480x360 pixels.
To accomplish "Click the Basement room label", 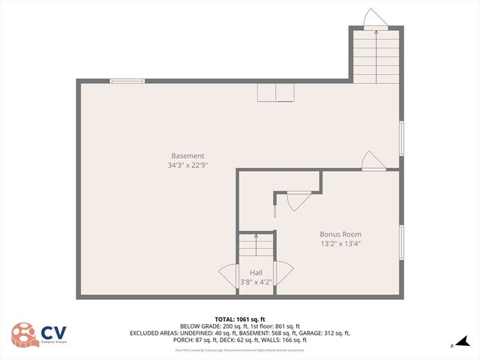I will coord(187,156).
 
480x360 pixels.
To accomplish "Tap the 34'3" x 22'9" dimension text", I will coord(187,165).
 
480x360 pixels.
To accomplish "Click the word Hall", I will coord(256,272).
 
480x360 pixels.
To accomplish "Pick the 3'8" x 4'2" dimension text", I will coord(256,282).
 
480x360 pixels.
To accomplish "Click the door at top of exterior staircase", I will coord(373,18).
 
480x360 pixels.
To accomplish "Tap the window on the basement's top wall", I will coord(127,81).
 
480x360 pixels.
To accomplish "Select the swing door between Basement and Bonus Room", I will coord(373,160).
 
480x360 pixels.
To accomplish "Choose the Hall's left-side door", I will coord(228,275).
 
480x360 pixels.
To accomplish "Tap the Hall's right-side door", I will coord(284,275).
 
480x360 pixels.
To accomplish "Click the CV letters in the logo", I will coord(52,332).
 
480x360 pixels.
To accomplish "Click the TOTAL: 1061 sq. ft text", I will coord(240,319).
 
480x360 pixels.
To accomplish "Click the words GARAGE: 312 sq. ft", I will coord(326,333).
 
